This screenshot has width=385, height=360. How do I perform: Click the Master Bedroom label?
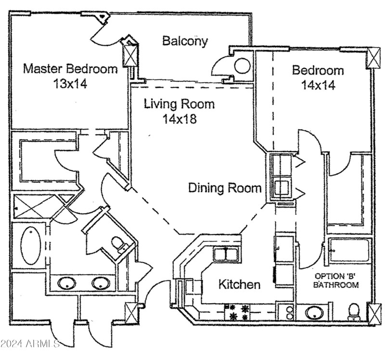(70, 69)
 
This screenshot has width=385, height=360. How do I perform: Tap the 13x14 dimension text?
(70, 84)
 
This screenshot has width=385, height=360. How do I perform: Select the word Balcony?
(185, 41)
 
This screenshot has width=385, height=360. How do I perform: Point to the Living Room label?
(180, 104)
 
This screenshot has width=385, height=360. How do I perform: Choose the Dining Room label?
(225, 188)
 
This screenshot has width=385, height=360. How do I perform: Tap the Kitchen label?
(240, 284)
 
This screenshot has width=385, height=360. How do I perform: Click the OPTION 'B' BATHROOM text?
(336, 281)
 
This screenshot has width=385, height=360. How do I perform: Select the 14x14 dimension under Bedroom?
(318, 86)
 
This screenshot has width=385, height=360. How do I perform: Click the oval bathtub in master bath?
(30, 245)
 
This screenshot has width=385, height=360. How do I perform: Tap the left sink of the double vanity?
(66, 283)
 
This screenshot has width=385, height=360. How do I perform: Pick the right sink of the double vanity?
(101, 283)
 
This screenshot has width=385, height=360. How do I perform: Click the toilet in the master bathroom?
(118, 244)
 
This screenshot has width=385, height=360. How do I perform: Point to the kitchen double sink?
(226, 254)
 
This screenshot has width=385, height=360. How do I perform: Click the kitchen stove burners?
(239, 312)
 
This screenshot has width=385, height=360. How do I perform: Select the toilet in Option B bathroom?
(354, 311)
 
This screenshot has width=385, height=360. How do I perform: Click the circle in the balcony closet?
(242, 65)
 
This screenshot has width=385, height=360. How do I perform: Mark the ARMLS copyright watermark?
(30, 344)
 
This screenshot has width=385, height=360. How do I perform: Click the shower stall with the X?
(30, 207)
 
